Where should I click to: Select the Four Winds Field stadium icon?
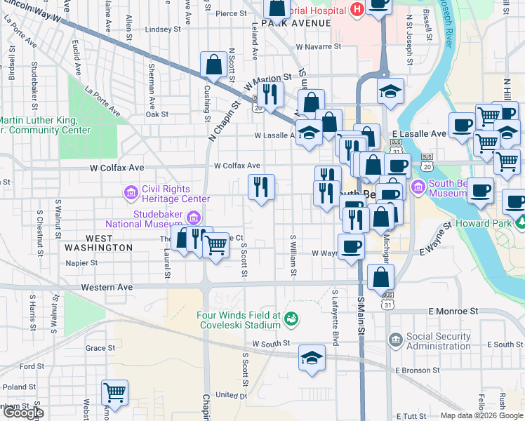[x=291, y=320]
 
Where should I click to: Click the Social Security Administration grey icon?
[x=395, y=340]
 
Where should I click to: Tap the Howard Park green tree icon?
[x=519, y=223]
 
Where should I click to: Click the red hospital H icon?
[x=357, y=9]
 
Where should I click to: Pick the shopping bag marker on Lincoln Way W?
[x=212, y=65]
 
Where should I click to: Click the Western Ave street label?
[x=107, y=287]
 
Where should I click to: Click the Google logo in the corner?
[x=23, y=413]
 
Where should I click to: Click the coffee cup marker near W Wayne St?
[x=351, y=246]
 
